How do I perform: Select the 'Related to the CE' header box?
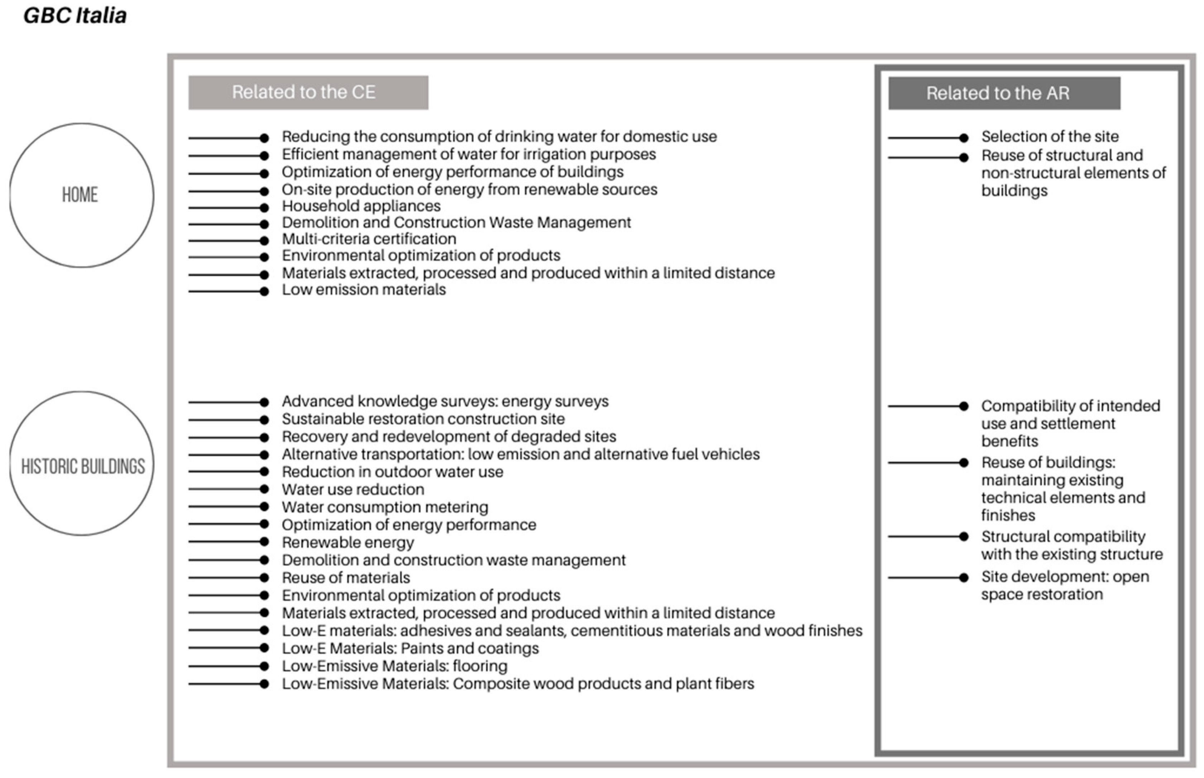click(308, 92)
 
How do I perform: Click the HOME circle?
click(81, 195)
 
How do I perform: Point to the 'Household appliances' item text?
click(361, 206)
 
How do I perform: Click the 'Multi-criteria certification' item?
click(369, 239)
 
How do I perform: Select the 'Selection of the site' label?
click(1050, 137)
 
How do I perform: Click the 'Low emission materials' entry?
click(364, 290)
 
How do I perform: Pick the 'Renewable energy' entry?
click(347, 543)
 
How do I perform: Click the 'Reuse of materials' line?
click(345, 578)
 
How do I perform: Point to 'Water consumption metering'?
click(385, 507)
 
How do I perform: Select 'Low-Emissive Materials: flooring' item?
click(394, 666)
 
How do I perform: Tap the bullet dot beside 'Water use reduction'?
click(264, 489)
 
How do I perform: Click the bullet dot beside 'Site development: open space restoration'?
click(964, 577)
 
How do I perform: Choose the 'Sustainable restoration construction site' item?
click(423, 419)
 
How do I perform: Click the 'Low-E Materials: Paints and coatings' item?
click(410, 649)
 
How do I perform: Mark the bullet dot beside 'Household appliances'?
click(264, 207)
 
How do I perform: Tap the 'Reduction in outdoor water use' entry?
click(392, 472)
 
